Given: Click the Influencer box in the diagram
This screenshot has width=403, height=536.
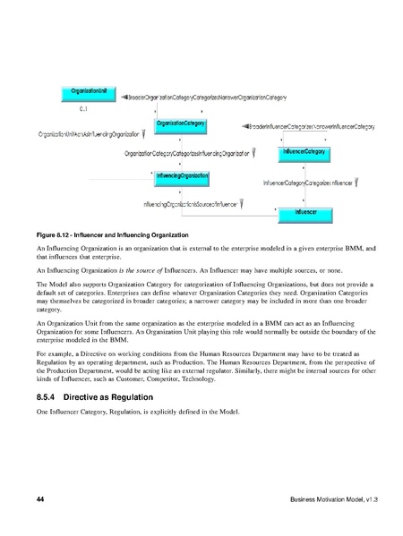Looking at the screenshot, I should [304, 212].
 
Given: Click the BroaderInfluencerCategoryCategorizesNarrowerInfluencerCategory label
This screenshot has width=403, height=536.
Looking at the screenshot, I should [299, 131].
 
